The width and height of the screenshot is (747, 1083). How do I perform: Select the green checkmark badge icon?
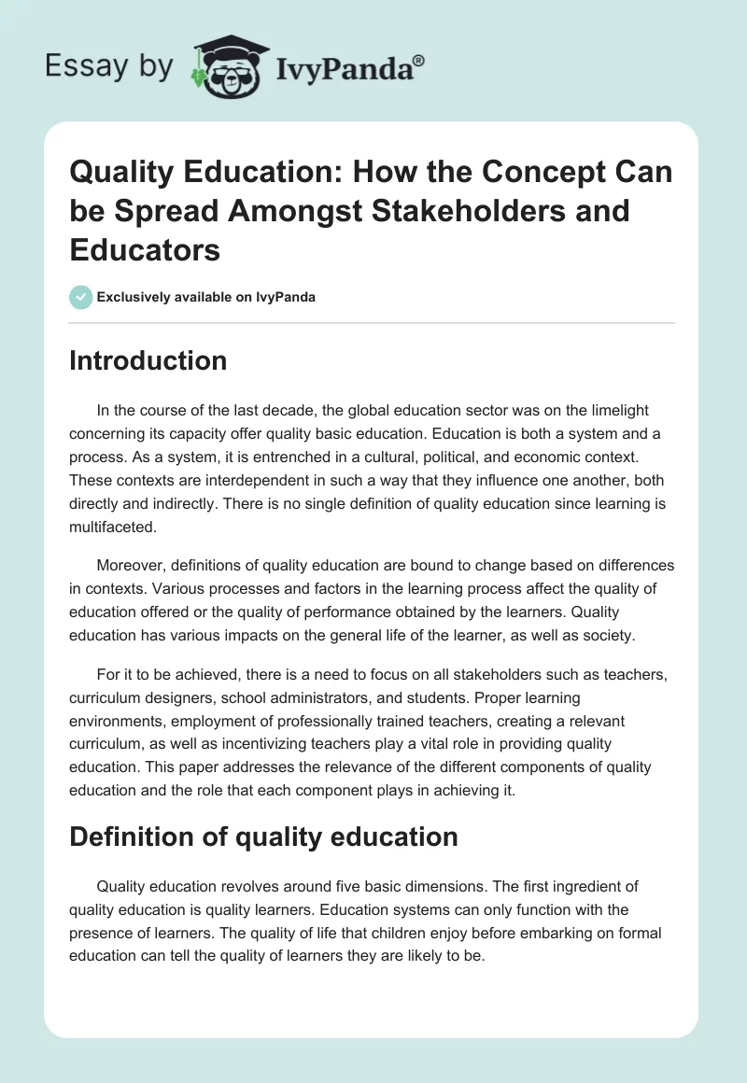pos(80,298)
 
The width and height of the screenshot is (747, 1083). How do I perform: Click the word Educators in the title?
pos(145,250)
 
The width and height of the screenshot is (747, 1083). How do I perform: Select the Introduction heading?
pos(148,360)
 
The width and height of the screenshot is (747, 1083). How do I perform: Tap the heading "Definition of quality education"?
pos(263,837)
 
